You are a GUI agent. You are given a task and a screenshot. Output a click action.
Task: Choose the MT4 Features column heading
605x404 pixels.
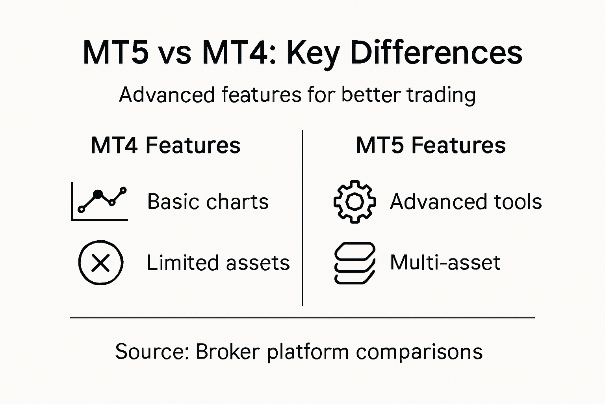(165, 145)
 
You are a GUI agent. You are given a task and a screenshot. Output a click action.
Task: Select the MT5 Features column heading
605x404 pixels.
(431, 145)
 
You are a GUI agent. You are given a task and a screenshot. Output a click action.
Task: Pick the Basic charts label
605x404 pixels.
(208, 202)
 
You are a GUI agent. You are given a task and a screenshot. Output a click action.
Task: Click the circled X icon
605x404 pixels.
(101, 263)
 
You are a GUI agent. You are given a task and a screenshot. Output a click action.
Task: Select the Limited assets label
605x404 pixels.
(218, 263)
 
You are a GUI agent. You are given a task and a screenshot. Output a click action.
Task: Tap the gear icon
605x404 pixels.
(354, 202)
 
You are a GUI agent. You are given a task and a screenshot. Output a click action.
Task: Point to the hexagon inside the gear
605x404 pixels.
(354, 202)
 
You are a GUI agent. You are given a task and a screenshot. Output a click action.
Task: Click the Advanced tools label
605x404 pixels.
(466, 202)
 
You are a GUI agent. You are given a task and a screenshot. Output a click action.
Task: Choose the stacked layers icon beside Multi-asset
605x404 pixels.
(354, 263)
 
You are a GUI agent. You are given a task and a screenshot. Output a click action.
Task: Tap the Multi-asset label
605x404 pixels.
(445, 263)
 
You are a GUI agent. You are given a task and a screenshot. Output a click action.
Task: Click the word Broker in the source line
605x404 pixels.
(228, 351)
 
